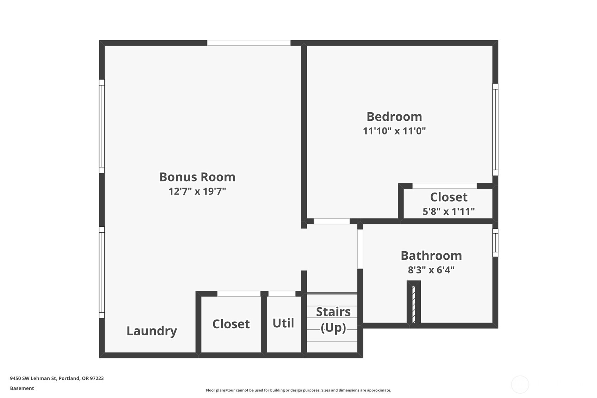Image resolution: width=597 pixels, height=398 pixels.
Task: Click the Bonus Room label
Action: point(197,177)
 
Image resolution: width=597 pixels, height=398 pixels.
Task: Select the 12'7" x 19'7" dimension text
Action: point(197,191)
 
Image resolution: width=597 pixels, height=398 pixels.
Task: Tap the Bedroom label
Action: point(394,117)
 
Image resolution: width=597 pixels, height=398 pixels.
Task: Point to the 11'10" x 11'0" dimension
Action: point(394,131)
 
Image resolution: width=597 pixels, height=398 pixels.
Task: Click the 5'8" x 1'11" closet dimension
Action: point(449,211)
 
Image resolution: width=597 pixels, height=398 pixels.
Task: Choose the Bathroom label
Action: point(431,255)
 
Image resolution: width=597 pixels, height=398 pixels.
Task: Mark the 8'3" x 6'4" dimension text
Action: point(431,270)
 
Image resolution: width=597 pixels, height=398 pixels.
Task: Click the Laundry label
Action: point(152,331)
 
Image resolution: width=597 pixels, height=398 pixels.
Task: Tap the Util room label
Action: point(283,323)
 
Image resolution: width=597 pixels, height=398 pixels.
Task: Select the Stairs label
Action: point(333,312)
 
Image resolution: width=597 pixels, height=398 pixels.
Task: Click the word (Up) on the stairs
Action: point(333,328)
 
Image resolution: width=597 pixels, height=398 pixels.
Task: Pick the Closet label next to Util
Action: point(231,324)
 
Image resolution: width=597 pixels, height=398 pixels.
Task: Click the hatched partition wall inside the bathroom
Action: point(414,304)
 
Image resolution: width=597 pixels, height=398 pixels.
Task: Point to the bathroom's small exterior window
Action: point(495,242)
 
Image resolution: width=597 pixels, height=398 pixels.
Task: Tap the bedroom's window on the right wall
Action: point(495,129)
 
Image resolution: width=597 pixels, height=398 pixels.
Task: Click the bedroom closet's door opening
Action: point(445,186)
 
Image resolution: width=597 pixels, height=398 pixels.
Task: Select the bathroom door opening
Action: point(360,249)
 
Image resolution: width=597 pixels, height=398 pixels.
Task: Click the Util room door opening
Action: point(282,293)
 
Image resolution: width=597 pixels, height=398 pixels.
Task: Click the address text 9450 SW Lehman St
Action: point(33,378)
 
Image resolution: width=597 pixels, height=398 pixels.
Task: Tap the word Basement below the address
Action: point(22,388)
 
